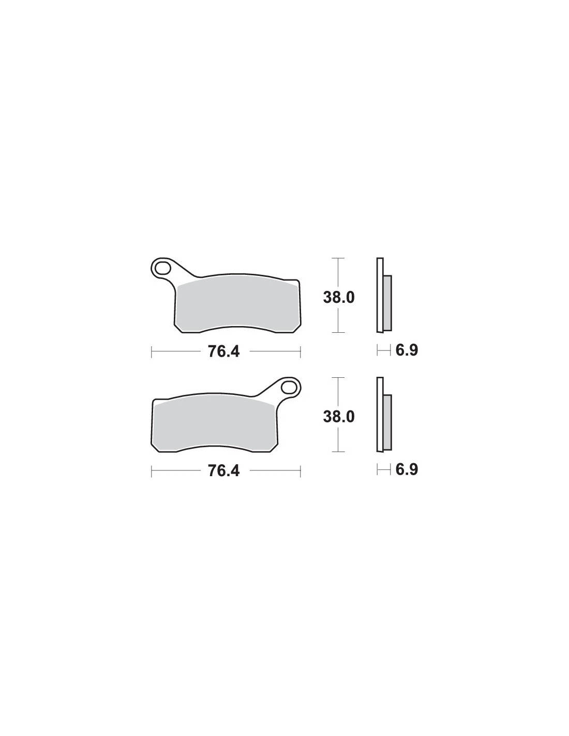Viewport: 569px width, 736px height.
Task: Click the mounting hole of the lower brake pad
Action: [289, 387]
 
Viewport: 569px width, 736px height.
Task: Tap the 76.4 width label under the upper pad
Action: [224, 351]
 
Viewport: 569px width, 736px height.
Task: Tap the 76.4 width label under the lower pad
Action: [224, 471]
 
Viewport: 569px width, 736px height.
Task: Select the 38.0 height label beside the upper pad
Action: [338, 298]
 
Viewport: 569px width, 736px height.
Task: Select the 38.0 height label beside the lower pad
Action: [338, 417]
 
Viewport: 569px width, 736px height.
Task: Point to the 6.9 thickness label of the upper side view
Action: [407, 350]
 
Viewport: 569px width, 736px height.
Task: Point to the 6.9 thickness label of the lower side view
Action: [407, 469]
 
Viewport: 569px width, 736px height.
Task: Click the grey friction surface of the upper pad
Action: [237, 304]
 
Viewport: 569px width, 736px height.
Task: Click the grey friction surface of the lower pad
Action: [213, 424]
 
